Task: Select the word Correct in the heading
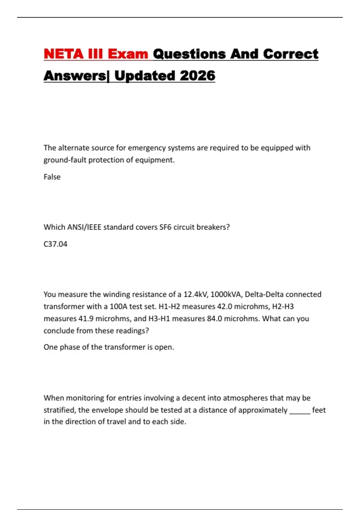click(290, 54)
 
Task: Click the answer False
click(52, 177)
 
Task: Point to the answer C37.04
click(55, 244)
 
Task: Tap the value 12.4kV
click(195, 294)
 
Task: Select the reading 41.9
click(86, 319)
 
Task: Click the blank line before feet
click(300, 410)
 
